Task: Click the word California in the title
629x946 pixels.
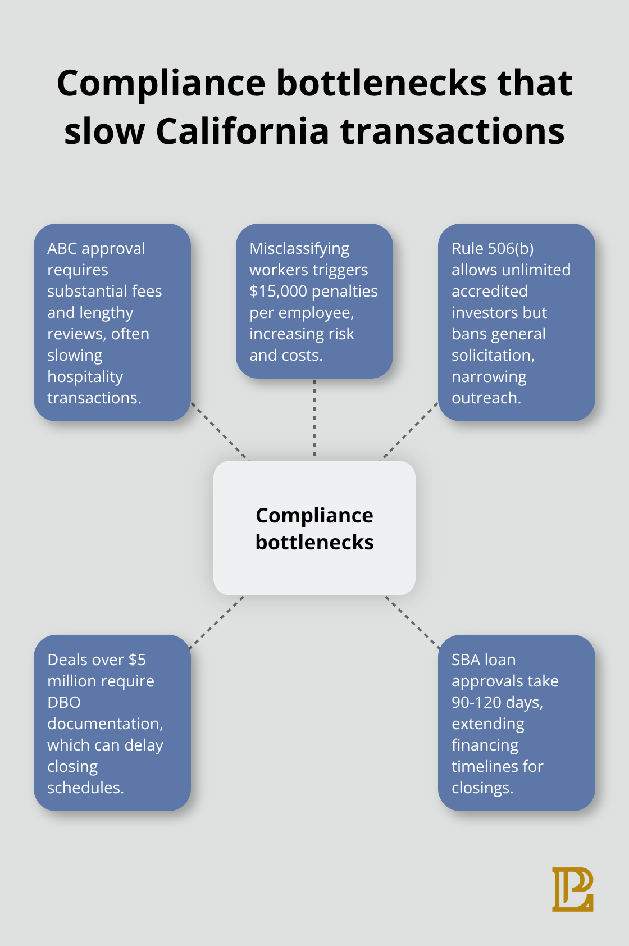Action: (x=242, y=131)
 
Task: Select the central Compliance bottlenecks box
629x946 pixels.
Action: (x=314, y=528)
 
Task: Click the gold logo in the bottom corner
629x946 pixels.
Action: (x=572, y=889)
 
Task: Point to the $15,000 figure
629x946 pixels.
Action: (x=278, y=291)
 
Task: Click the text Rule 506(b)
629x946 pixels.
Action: (x=493, y=248)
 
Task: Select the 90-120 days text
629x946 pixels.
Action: (x=496, y=702)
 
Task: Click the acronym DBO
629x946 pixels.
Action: (x=64, y=702)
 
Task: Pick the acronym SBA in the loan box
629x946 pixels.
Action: (x=464, y=660)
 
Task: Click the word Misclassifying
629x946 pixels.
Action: (x=299, y=248)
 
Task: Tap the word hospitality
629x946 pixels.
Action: (x=85, y=376)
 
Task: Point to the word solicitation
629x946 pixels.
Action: (x=493, y=355)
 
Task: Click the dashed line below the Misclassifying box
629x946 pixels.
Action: (x=314, y=419)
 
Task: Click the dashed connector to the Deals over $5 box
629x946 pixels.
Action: (x=216, y=622)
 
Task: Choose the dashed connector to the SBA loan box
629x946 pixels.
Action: (x=413, y=622)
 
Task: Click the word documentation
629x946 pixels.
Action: (x=104, y=724)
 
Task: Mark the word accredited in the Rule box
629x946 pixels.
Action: (x=489, y=291)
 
